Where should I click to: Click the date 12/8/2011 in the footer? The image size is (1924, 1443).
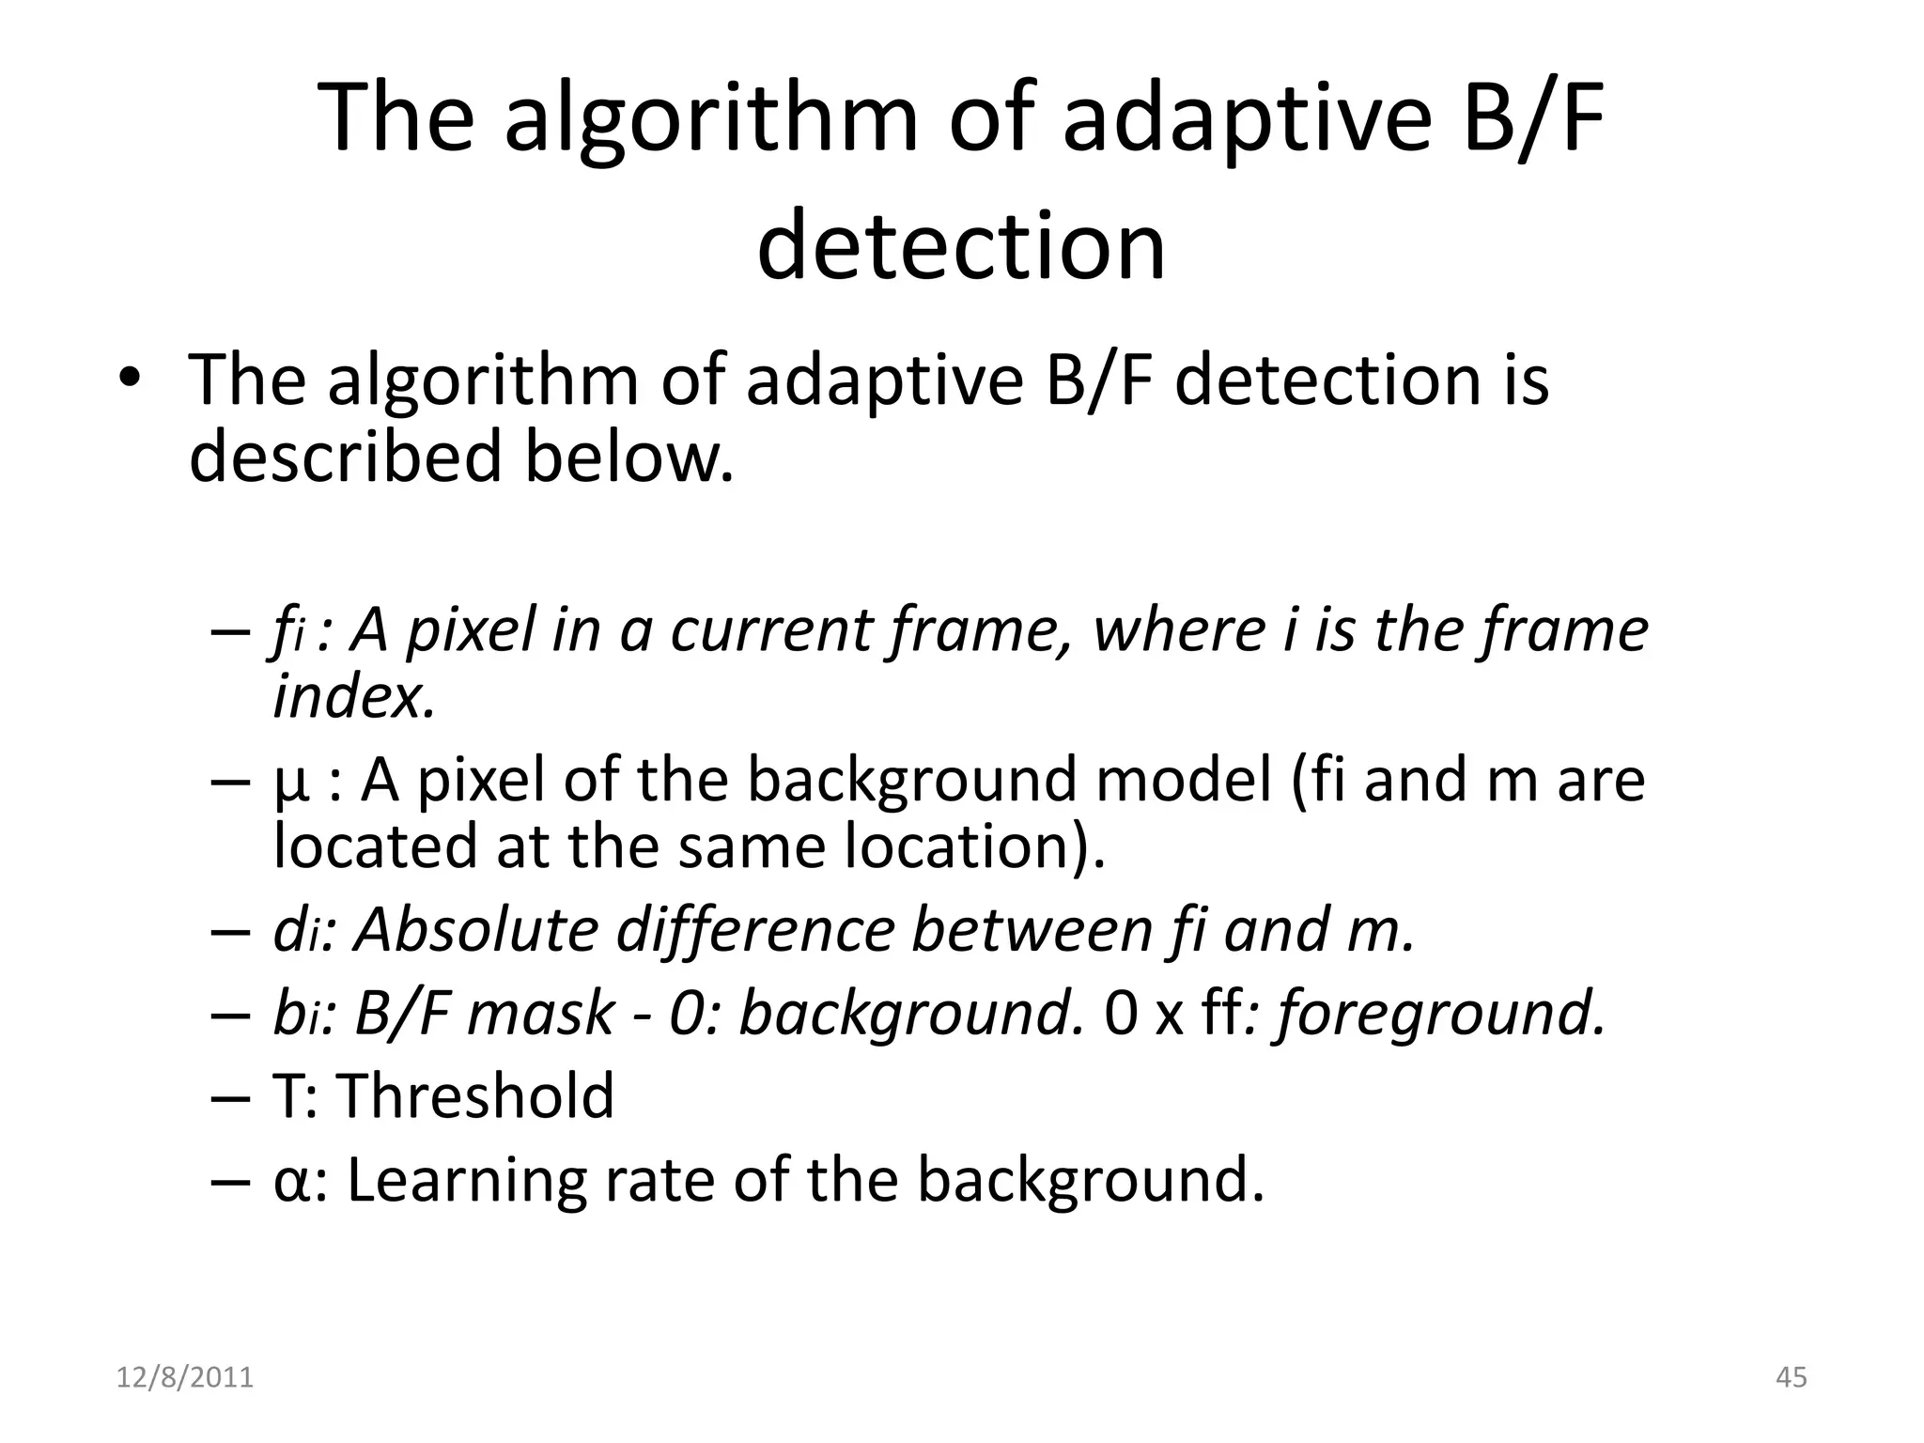185,1377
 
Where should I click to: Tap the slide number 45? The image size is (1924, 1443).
1792,1377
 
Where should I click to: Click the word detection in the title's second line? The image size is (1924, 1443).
961,247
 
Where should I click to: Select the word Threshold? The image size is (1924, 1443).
474,1096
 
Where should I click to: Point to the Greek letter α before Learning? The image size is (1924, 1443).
290,1182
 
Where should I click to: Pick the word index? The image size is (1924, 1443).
354,697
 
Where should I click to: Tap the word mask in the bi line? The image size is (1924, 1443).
540,1014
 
